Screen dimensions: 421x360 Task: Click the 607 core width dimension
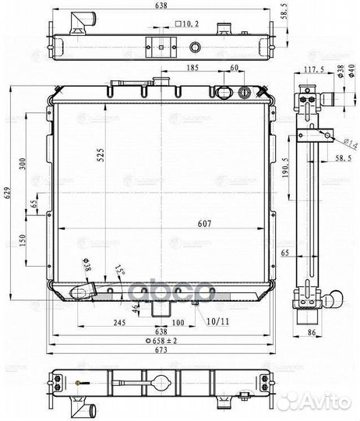(204, 224)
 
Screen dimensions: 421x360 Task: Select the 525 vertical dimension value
(101, 155)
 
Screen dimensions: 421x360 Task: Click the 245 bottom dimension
(119, 323)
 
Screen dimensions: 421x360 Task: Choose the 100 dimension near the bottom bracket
(178, 323)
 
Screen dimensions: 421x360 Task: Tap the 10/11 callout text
(220, 322)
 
